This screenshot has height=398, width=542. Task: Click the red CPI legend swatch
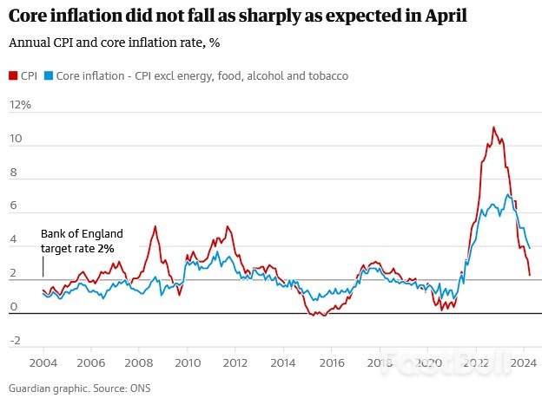pyautogui.click(x=12, y=76)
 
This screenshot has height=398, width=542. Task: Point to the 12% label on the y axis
pyautogui.click(x=19, y=105)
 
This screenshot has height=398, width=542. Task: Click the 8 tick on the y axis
pyautogui.click(x=12, y=173)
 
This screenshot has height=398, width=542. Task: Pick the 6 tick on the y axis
pyautogui.click(x=12, y=206)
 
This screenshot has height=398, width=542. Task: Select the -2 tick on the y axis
pyautogui.click(x=14, y=341)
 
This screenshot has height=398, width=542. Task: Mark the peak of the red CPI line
pyautogui.click(x=493, y=127)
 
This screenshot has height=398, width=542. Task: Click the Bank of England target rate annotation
pyautogui.click(x=82, y=241)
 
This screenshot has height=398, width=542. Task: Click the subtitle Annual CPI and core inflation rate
pyautogui.click(x=115, y=43)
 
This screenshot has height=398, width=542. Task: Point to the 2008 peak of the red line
pyautogui.click(x=155, y=226)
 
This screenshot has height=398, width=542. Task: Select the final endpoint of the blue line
pyautogui.click(x=530, y=249)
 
